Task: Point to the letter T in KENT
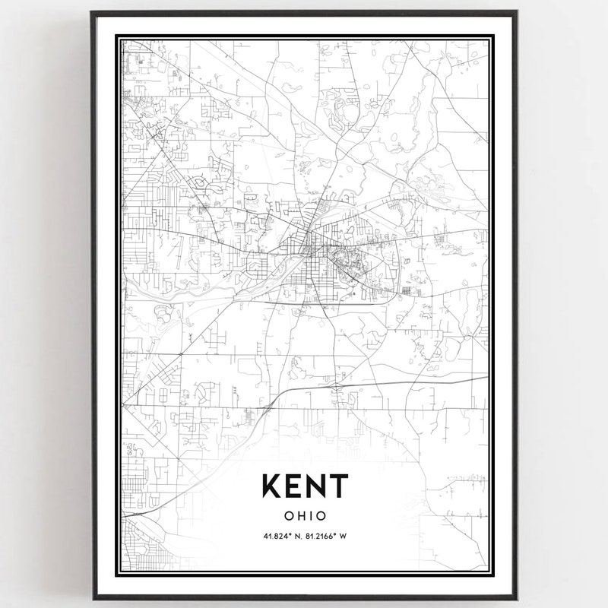338,486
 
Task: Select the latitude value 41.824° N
282,536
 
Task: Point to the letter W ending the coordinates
344,536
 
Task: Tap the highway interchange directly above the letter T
335,387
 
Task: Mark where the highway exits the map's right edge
487,377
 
